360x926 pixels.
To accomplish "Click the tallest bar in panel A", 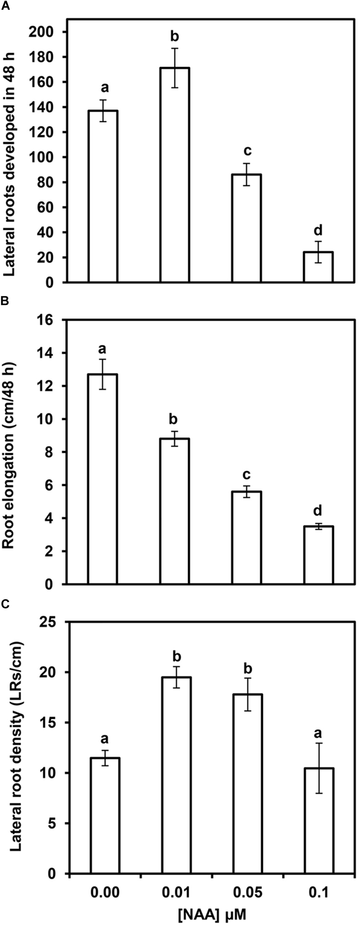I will tap(175, 175).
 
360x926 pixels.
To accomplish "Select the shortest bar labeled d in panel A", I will tap(318, 267).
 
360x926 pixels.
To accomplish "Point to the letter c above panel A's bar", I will tap(247, 151).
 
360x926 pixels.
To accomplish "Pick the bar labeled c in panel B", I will tap(247, 538).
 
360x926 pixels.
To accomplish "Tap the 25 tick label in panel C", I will tap(49, 622).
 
